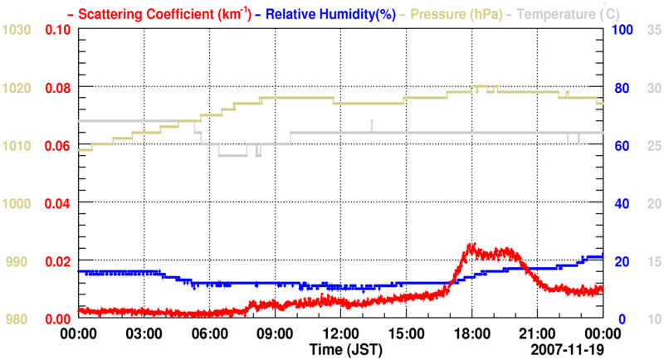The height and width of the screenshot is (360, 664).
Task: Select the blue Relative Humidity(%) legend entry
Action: tap(332, 14)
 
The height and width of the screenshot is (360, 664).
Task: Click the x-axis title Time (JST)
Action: tap(342, 348)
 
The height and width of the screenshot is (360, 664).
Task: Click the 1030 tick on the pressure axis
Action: tap(17, 31)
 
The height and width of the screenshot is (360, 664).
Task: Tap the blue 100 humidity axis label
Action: tap(622, 31)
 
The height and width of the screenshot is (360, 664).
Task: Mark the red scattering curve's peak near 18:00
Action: tap(471, 246)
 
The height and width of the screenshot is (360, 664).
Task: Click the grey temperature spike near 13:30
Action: tap(372, 123)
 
